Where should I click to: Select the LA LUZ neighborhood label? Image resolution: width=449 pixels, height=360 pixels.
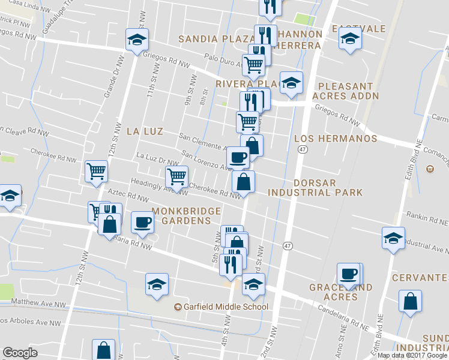142,130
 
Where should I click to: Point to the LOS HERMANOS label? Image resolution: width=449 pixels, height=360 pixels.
336,139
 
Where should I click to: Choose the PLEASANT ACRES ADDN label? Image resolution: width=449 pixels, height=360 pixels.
349,91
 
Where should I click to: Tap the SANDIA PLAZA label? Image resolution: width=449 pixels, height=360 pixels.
214,39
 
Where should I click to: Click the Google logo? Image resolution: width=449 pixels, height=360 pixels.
20,353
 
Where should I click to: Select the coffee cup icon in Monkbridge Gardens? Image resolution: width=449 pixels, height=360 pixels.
143,221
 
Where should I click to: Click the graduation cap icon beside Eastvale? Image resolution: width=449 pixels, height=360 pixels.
350,40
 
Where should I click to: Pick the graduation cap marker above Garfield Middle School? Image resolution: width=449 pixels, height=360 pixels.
157,283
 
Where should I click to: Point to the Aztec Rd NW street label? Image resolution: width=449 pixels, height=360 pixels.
128,196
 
